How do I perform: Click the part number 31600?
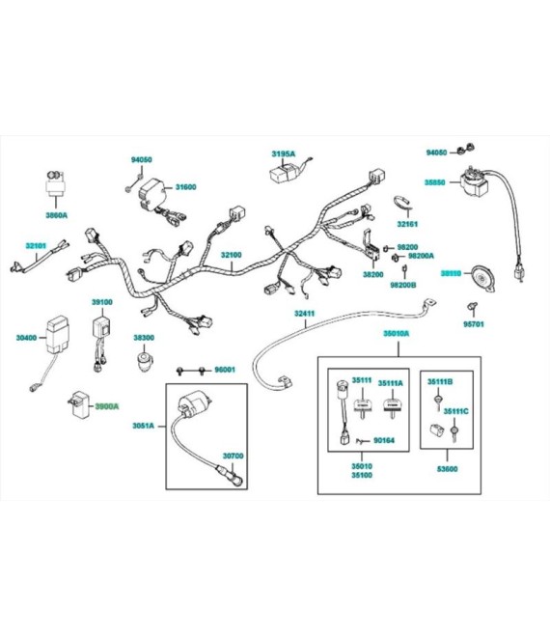click(185, 187)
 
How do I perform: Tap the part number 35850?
click(435, 181)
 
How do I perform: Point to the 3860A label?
click(57, 215)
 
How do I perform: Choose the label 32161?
click(407, 223)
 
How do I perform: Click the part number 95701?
click(472, 324)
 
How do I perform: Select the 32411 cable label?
click(306, 314)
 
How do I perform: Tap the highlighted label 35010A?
click(396, 333)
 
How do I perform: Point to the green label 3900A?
click(107, 406)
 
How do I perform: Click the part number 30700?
click(234, 455)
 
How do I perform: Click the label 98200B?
click(402, 286)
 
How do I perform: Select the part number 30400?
click(27, 338)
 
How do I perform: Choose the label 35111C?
click(455, 411)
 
